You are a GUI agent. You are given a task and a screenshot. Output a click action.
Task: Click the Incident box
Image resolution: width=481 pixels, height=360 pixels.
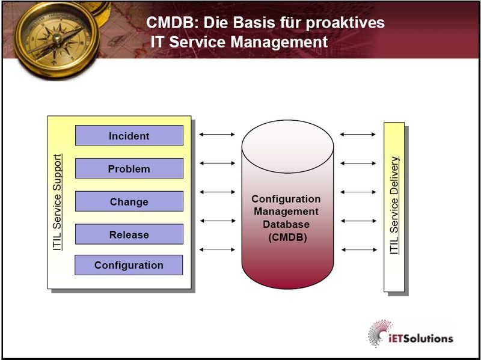click(x=129, y=136)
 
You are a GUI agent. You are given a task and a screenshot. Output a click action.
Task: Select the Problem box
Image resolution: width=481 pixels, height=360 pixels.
click(x=129, y=169)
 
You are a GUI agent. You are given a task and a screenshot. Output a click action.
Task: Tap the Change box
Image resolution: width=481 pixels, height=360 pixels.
click(x=129, y=202)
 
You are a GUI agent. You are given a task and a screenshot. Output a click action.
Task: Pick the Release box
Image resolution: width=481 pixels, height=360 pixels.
click(x=129, y=234)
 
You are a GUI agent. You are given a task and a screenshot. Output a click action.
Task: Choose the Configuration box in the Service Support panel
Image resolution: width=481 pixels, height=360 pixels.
click(x=129, y=265)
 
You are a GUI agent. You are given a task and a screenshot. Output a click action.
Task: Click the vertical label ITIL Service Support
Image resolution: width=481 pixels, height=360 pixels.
click(x=58, y=202)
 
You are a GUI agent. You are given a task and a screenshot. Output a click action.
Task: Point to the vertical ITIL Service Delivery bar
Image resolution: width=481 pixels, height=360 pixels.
click(x=394, y=206)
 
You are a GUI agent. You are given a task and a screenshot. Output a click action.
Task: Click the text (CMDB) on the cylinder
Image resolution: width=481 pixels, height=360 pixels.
click(x=287, y=237)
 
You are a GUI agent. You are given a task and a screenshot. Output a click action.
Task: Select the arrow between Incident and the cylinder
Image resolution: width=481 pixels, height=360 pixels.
click(x=217, y=135)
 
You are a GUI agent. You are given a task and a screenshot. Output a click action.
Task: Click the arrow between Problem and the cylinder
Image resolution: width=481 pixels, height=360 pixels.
click(x=217, y=163)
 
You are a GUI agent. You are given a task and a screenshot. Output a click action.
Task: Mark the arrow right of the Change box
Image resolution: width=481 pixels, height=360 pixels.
click(x=217, y=192)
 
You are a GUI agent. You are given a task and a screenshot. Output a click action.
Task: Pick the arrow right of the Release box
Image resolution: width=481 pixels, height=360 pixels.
click(x=217, y=221)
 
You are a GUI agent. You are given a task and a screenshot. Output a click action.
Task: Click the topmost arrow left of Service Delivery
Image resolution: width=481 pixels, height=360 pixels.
click(x=358, y=135)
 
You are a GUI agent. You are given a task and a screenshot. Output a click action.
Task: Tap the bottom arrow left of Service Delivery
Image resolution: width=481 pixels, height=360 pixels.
click(x=358, y=249)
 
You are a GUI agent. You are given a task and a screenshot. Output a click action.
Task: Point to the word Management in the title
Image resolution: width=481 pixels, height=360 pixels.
click(x=280, y=43)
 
